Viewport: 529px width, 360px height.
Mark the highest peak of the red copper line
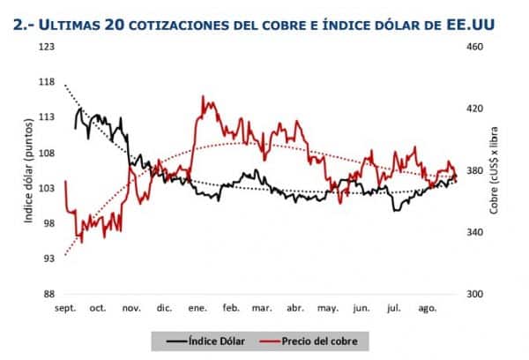tap(204, 97)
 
